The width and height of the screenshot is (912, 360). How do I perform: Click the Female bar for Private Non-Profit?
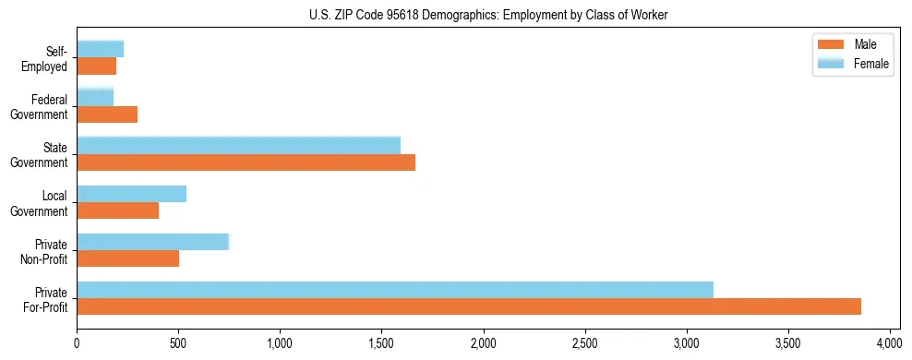153,242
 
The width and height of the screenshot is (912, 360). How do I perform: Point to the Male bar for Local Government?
118,210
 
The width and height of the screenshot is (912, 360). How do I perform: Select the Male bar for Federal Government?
107,114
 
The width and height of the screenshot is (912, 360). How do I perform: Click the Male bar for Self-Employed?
97,66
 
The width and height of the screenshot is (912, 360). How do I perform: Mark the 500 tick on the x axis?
179,343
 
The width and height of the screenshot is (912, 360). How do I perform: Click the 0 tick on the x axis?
78,343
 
